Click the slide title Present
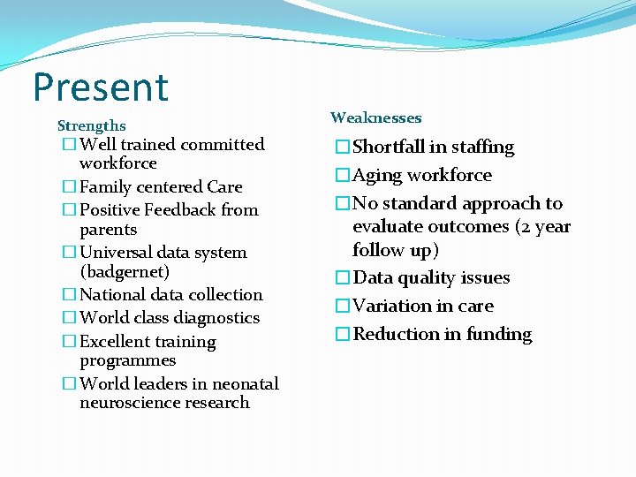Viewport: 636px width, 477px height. click(100, 87)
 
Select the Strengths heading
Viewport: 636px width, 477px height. click(91, 126)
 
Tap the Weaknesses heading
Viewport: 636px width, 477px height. click(375, 117)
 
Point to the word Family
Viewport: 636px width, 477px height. click(104, 186)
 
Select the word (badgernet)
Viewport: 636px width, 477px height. click(125, 271)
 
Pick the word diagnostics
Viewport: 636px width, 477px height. click(216, 317)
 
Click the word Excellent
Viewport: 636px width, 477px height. click(116, 341)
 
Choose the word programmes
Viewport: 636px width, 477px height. click(127, 360)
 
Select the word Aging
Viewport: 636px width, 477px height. click(377, 175)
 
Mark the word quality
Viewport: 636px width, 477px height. click(430, 277)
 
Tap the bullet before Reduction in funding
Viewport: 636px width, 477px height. click(342, 334)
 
